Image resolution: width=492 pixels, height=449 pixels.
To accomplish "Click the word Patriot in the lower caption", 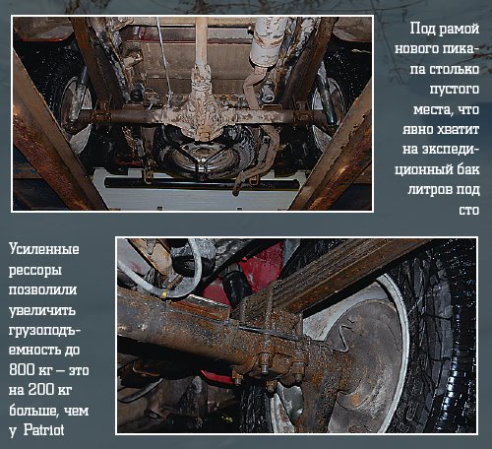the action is [44, 430].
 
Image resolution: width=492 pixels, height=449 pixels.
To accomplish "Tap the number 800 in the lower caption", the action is [22, 369].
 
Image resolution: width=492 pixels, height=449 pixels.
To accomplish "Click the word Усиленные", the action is [44, 249].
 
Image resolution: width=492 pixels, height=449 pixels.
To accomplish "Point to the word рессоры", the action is [35, 271].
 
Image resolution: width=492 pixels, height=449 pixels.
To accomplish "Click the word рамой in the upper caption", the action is [459, 29].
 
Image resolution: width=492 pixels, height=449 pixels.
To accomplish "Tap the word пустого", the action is [455, 90].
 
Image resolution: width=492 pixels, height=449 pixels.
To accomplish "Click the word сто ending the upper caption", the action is [469, 210].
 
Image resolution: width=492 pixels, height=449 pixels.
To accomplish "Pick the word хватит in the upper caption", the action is [460, 129].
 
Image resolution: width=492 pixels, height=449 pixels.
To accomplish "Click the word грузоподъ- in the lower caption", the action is [44, 330].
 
